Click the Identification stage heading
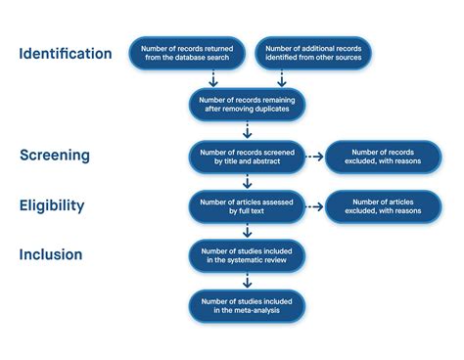coord(66,54)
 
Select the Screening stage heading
coord(55,155)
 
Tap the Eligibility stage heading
coord(51,205)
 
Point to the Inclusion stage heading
coord(50,255)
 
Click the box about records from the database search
coord(187,54)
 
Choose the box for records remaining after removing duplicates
coord(247,104)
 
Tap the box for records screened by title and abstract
coord(247,155)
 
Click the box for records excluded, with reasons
coord(383,155)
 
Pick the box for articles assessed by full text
coord(247,205)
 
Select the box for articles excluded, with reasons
coord(383,205)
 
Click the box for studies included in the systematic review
coord(247,256)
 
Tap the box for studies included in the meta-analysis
coord(247,306)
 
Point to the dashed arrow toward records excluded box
coord(314,155)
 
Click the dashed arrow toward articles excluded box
coord(314,205)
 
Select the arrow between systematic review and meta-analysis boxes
coord(247,282)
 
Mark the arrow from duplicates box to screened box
coord(247,129)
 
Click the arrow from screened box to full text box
coord(247,180)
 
